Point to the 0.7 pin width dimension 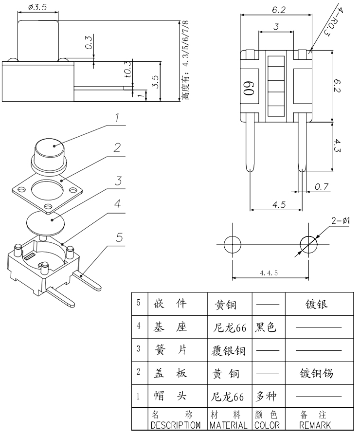pyautogui.click(x=321, y=187)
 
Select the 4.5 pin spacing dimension pyautogui.click(x=279, y=205)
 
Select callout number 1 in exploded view pyautogui.click(x=117, y=118)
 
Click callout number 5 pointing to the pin pyautogui.click(x=119, y=237)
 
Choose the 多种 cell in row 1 pyautogui.click(x=266, y=397)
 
